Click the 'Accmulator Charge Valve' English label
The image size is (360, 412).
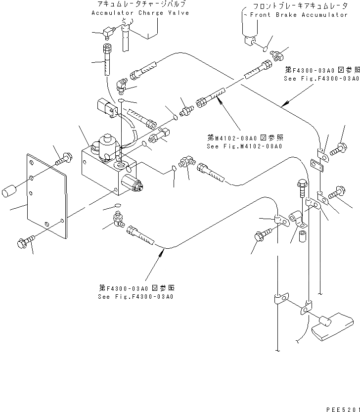tap(140, 13)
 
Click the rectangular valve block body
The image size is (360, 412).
tap(104, 171)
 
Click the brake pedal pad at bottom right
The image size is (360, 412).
tap(331, 327)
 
